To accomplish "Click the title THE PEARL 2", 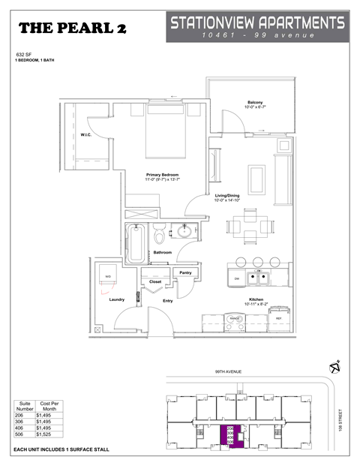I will (x=72, y=29).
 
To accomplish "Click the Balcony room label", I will (x=255, y=103).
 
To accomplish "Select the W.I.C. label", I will (x=85, y=136).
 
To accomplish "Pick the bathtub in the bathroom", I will (x=136, y=243).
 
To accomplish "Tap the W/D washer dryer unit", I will (x=108, y=278).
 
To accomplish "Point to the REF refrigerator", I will (x=279, y=318).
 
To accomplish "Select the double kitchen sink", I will (x=259, y=279).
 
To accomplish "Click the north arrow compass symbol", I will (x=335, y=368).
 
